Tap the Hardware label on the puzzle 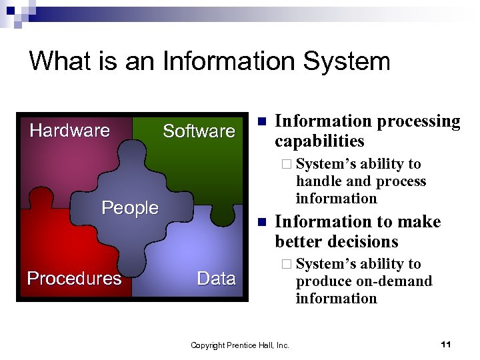tap(69, 130)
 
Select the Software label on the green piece tap(199, 131)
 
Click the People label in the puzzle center tap(130, 208)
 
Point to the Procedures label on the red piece tap(74, 278)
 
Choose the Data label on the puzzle tap(216, 278)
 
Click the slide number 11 tap(446, 344)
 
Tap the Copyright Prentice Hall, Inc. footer tap(240, 345)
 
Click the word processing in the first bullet tap(418, 121)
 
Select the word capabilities tap(319, 141)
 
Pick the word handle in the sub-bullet tap(317, 181)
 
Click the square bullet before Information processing tap(262, 121)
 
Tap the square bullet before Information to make tap(262, 221)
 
